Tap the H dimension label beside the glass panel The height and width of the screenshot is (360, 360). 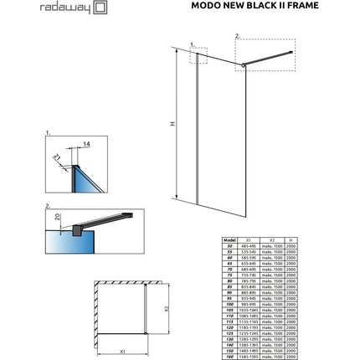(x=173, y=123)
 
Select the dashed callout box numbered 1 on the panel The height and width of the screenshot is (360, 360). (x=198, y=56)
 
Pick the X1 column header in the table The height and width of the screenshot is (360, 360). (x=247, y=238)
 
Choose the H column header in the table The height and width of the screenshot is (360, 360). (x=291, y=238)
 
